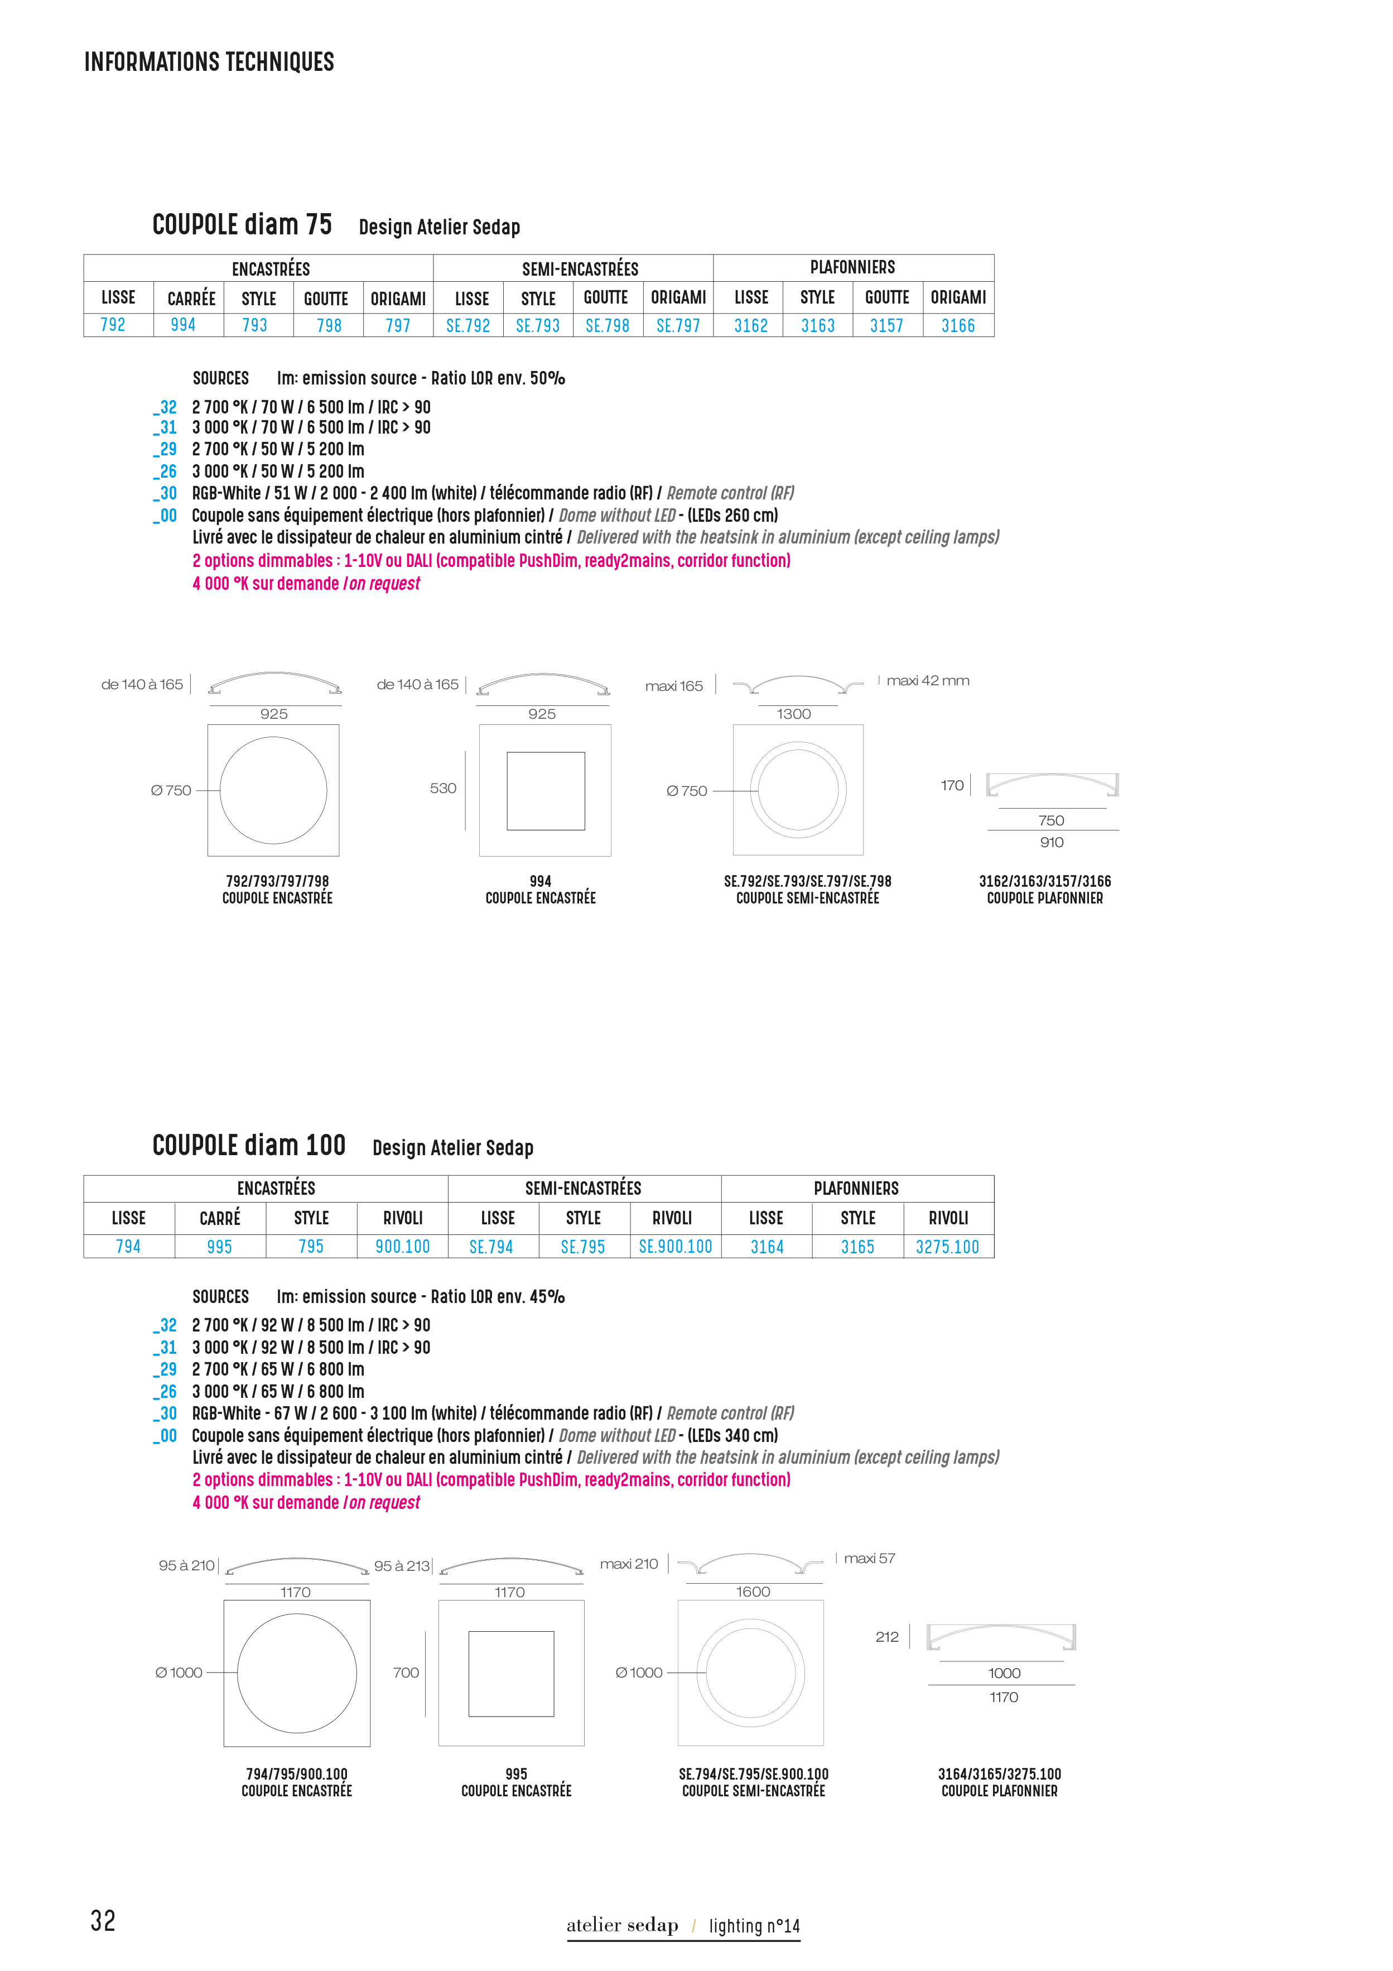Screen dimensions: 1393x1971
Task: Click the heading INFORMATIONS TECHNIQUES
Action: click(209, 62)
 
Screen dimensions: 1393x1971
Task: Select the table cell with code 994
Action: click(183, 324)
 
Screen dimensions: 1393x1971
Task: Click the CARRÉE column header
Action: click(191, 298)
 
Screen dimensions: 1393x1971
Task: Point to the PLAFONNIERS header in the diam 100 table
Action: click(856, 1188)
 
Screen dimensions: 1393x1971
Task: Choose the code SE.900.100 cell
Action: click(676, 1247)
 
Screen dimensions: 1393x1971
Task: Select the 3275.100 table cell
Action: click(948, 1247)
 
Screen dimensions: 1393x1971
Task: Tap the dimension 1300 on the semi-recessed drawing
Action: click(794, 713)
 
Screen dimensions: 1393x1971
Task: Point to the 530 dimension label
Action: click(443, 788)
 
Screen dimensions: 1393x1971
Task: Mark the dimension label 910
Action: click(1052, 842)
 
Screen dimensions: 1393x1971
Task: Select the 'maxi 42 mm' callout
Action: click(928, 681)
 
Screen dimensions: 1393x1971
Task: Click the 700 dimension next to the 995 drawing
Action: click(406, 1672)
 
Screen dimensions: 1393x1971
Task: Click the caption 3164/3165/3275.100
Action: click(999, 1773)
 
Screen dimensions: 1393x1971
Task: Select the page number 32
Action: click(103, 1920)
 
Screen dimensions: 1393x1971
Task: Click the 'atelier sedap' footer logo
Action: click(622, 1925)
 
